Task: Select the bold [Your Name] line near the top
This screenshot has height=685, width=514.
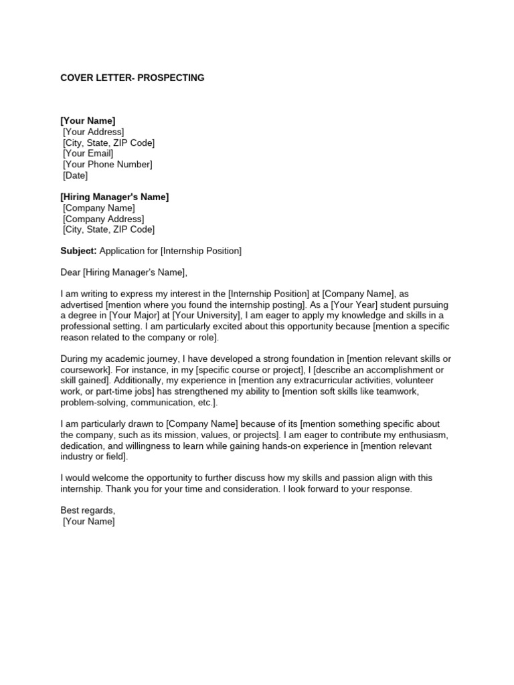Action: coord(88,120)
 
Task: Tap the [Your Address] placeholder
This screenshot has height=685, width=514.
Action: coord(93,132)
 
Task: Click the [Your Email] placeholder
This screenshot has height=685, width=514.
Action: coord(88,154)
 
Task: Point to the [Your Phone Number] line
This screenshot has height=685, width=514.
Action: coord(107,165)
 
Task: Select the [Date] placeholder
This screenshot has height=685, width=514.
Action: coord(75,176)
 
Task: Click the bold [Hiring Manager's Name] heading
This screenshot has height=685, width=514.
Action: coord(114,197)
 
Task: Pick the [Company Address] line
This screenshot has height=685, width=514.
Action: coord(103,219)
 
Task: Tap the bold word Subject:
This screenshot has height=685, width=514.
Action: coord(79,251)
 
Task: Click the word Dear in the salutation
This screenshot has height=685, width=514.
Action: coord(70,272)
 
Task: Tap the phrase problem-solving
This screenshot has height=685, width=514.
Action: coord(93,403)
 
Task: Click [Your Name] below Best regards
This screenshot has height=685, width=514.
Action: coord(88,522)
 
